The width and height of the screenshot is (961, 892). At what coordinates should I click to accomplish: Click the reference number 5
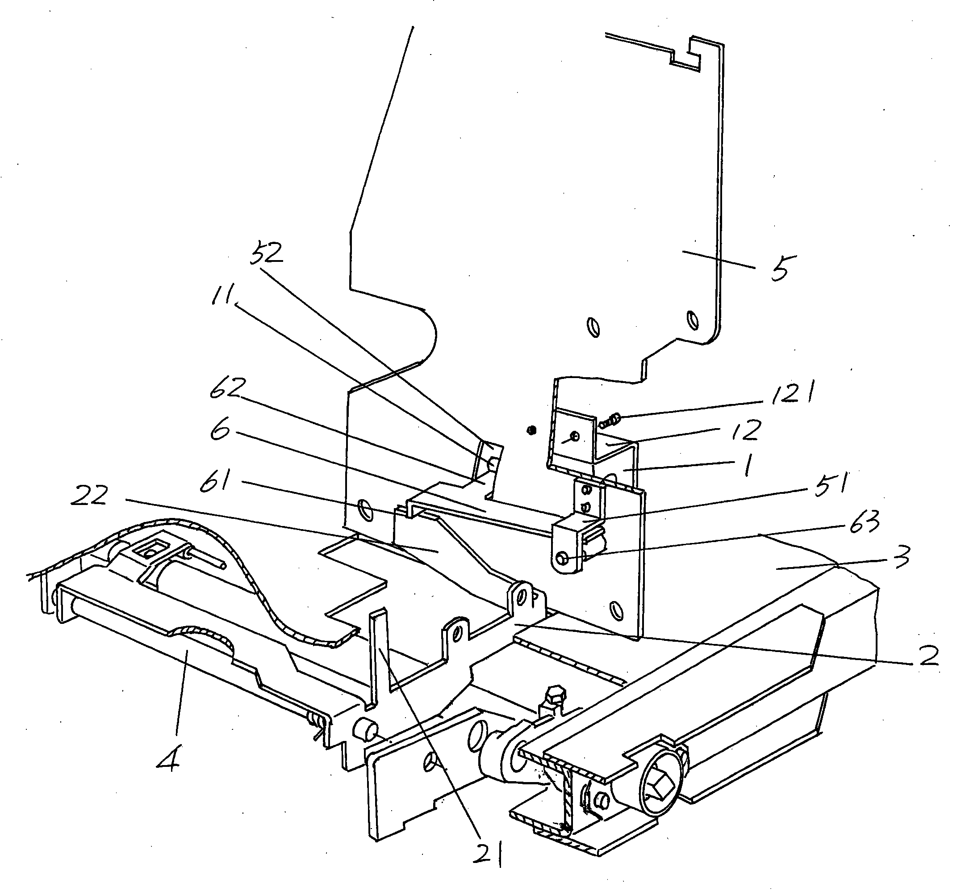(781, 267)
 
